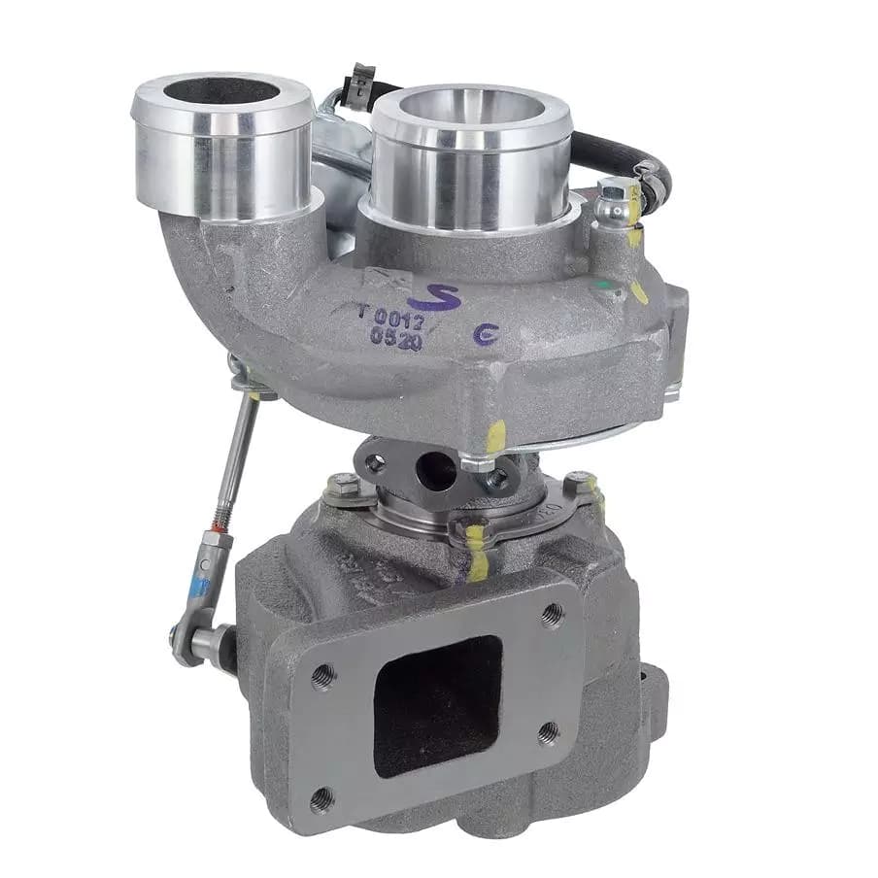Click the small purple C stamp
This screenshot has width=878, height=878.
482,336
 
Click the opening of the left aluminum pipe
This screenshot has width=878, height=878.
221,91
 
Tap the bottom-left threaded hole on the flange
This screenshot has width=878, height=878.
323,799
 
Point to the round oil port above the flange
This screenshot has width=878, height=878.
436,472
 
